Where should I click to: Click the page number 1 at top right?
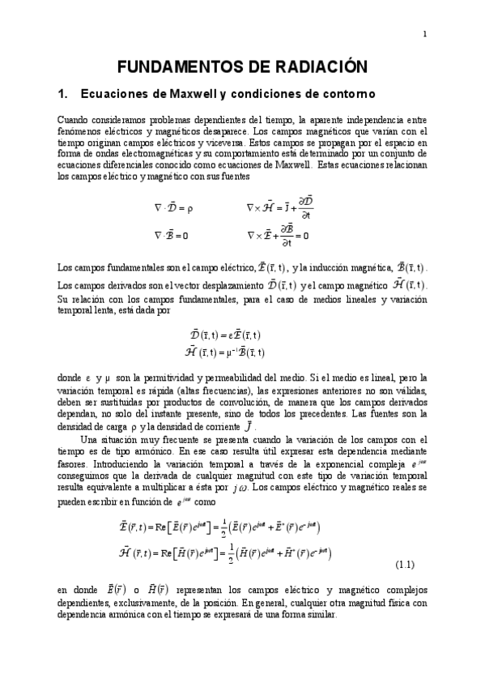(x=425, y=33)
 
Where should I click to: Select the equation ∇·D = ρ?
(x=173, y=207)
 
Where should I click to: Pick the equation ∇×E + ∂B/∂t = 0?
(x=278, y=236)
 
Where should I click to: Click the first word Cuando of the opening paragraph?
(x=74, y=119)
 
